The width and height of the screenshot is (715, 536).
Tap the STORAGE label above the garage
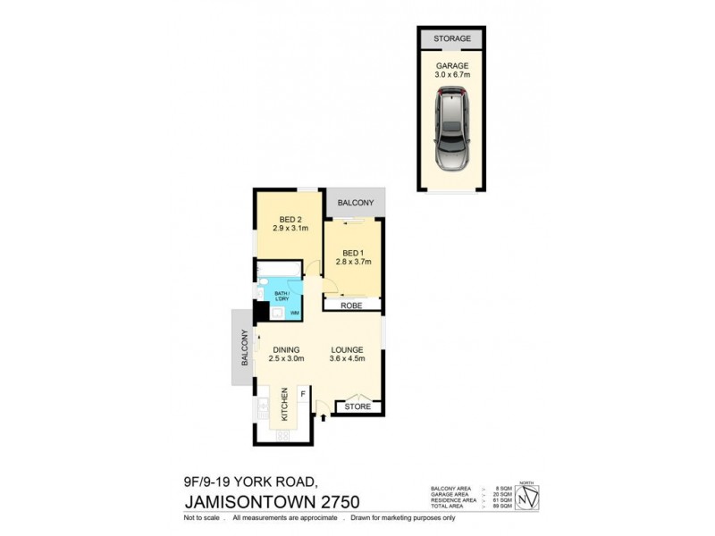(x=451, y=39)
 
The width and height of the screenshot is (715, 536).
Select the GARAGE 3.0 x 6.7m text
(x=451, y=71)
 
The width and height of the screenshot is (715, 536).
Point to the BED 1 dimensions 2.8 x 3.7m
(x=353, y=261)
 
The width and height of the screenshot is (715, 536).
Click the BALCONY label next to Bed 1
(x=356, y=203)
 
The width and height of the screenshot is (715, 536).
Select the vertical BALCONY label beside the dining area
(x=242, y=348)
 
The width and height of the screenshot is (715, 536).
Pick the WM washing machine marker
(x=293, y=313)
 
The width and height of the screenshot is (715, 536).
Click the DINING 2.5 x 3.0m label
(x=286, y=355)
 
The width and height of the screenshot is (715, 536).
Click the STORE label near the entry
(x=358, y=406)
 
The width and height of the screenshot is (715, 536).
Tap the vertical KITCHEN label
(x=285, y=405)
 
